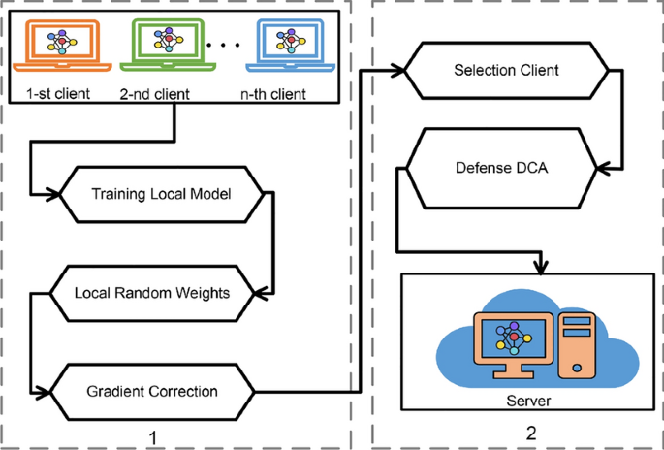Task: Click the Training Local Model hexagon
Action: [160, 193]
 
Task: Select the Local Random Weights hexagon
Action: [152, 291]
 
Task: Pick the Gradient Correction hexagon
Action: [152, 392]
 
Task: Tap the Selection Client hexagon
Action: [506, 71]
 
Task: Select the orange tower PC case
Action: [575, 345]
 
